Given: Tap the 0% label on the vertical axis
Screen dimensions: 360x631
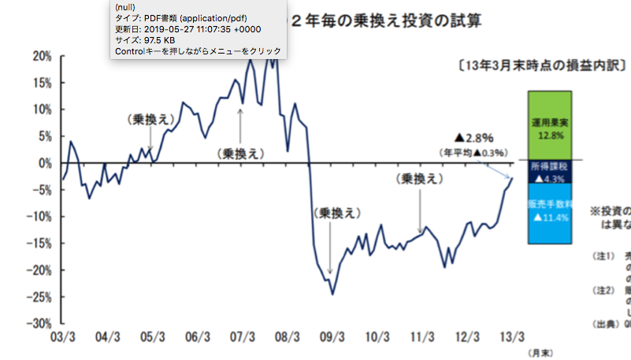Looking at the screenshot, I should pos(45,163).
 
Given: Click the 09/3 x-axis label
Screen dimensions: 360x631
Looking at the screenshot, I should pos(332,336).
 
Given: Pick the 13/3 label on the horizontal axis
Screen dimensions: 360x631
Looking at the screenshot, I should pos(514,336).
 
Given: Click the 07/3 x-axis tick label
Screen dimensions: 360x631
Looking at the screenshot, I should pos(241,336).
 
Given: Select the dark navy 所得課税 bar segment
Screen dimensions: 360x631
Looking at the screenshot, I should pos(549,173).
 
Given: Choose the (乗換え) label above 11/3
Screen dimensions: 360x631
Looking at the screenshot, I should pos(418,179).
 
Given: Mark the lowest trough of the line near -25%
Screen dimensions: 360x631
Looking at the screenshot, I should pos(332,295).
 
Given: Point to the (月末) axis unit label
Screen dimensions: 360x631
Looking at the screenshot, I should pos(540,351).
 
